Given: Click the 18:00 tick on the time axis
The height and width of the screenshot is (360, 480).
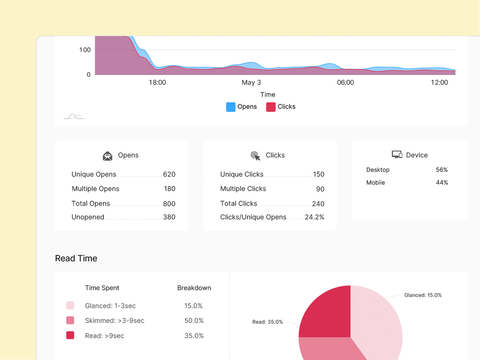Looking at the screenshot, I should click(157, 82).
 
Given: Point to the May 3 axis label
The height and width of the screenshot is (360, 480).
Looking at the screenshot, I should click(251, 82).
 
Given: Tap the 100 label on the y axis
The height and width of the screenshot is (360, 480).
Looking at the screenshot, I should click(85, 50).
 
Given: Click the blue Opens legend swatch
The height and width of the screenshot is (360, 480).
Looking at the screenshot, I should click(231, 107).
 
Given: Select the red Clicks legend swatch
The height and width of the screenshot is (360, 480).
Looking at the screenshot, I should click(271, 107).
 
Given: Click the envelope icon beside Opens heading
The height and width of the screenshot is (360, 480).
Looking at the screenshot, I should click(108, 156).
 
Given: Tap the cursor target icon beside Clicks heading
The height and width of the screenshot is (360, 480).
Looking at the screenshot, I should click(255, 156).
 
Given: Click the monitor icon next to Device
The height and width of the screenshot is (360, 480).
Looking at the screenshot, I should click(397, 155).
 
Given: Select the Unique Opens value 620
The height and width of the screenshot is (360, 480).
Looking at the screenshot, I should click(169, 174).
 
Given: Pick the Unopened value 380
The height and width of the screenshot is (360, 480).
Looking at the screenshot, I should click(169, 217).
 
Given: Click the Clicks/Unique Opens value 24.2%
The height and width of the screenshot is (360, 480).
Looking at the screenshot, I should click(315, 217).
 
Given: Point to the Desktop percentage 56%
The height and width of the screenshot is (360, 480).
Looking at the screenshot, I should click(442, 170).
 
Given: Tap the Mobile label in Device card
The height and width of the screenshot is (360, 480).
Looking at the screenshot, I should click(376, 183).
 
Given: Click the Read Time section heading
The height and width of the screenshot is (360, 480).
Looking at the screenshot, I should click(76, 259).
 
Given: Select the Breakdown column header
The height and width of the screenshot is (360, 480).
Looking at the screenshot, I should click(194, 288).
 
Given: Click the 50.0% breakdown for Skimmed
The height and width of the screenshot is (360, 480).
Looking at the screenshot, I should click(194, 320).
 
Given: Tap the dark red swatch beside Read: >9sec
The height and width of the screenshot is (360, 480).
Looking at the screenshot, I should click(70, 336).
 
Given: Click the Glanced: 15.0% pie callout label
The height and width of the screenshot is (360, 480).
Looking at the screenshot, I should click(423, 295).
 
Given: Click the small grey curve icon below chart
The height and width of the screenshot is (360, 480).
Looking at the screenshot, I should click(75, 116).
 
